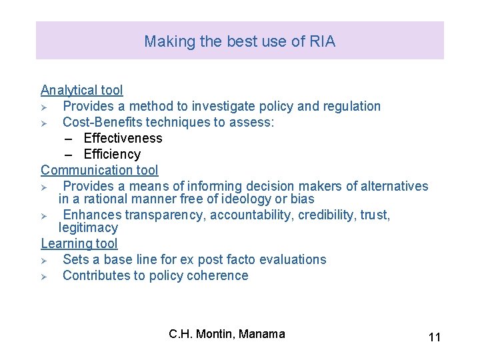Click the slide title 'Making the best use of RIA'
point(239,41)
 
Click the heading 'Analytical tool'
point(82,90)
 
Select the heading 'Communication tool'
point(99,170)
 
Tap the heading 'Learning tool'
point(79,244)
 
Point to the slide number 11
point(434,337)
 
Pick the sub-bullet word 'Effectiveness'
point(123,138)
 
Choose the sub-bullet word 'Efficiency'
point(112,154)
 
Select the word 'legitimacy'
point(88,228)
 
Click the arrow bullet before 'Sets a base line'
point(44,260)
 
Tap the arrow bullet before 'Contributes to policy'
point(44,276)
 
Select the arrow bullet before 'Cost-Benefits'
point(44,123)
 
